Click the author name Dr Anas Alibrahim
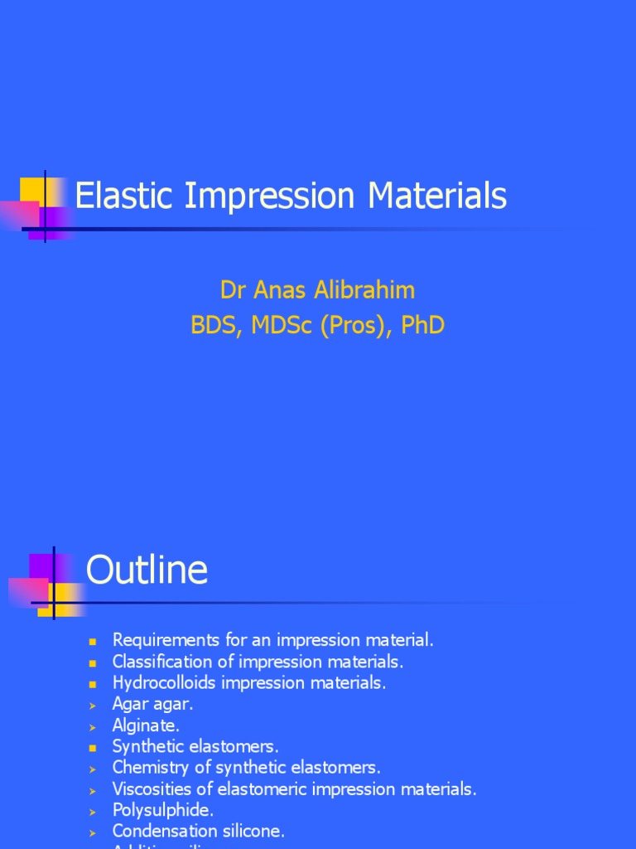[318, 290]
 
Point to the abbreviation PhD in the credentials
[423, 326]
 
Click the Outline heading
[147, 570]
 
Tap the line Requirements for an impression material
[273, 640]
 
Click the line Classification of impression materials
[258, 662]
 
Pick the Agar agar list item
[153, 705]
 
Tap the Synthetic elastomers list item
[195, 747]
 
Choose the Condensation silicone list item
[199, 831]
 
